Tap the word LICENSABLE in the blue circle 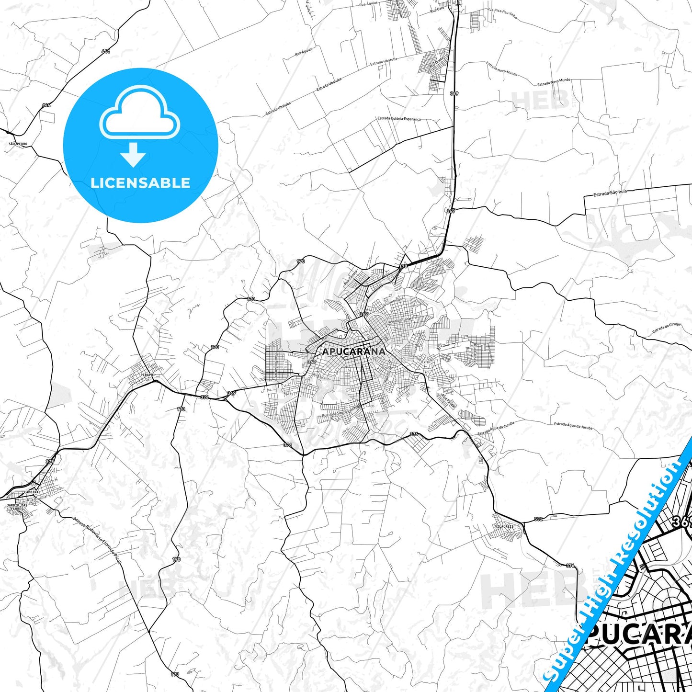[x=140, y=183]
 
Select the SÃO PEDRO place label [x=18, y=144]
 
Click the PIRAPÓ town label [x=147, y=374]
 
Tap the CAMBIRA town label [x=31, y=492]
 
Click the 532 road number [x=538, y=519]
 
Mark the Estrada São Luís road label [x=610, y=193]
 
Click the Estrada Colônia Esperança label [x=399, y=118]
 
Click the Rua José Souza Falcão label [x=340, y=412]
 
